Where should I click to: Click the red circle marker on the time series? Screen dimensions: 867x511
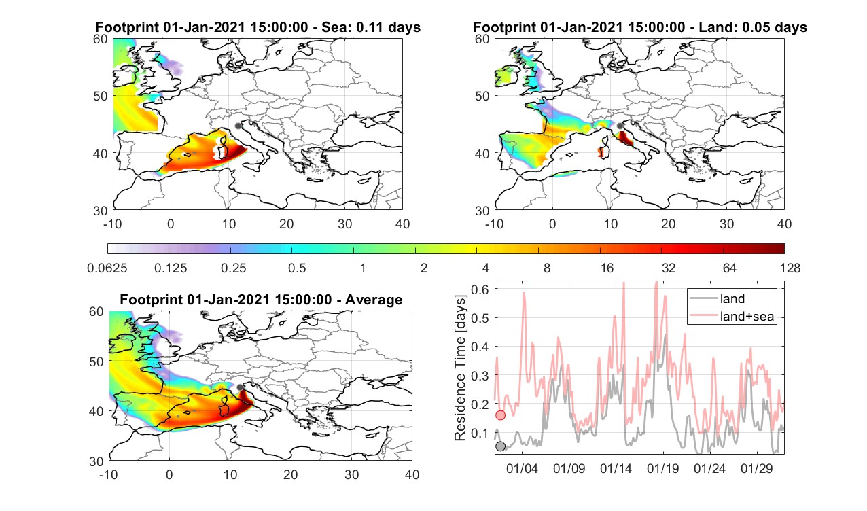(501, 415)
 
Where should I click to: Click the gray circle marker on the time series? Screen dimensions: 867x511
(501, 446)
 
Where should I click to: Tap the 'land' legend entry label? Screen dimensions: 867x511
(732, 298)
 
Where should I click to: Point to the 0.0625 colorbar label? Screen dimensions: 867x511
(107, 268)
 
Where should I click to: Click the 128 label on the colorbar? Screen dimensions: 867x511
(790, 268)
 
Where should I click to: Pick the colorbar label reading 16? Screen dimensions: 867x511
(607, 268)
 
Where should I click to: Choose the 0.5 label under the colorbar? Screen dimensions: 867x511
(297, 268)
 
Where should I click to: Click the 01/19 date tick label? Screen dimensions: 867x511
(662, 468)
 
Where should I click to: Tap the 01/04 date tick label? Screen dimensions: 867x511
(522, 468)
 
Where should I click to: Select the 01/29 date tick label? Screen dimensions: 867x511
(756, 468)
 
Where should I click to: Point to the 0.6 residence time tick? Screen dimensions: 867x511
(480, 289)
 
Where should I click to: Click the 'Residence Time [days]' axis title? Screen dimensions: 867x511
(460, 368)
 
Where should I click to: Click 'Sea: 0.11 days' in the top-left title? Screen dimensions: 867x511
(371, 27)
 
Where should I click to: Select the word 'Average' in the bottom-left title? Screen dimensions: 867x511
(374, 300)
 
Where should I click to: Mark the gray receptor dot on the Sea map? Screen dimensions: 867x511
(238, 126)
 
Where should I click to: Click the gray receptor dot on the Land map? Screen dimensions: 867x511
(620, 126)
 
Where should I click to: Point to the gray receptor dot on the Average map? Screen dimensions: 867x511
(240, 387)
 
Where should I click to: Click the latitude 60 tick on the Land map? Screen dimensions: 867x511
(482, 39)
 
